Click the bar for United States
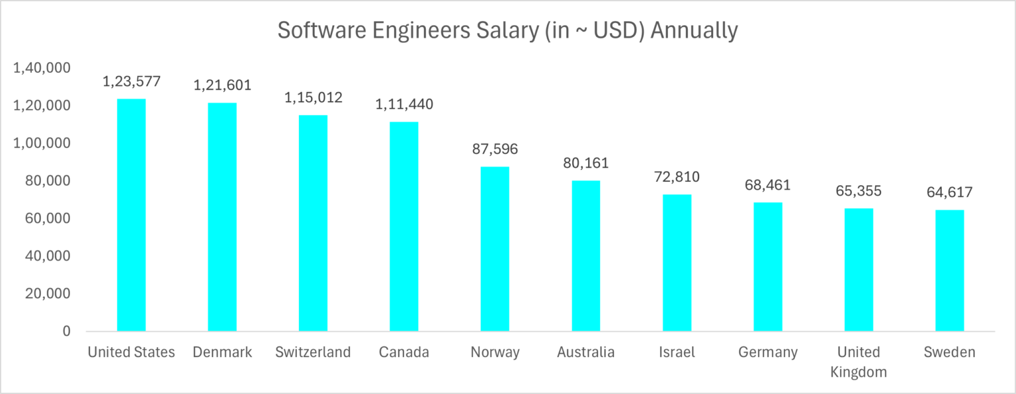pos(131,215)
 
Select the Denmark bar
pos(222,217)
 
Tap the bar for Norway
pos(495,249)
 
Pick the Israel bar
pos(677,262)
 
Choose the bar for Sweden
pos(949,270)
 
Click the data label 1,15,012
pos(314,98)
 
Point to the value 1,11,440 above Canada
pos(404,104)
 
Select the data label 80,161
pos(586,163)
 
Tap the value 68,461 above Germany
pos(768,185)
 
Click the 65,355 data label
pos(859,191)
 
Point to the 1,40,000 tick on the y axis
pos(42,68)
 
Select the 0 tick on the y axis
pos(66,331)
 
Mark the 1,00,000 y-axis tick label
pos(42,143)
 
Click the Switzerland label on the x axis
pos(313,352)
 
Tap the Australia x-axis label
pos(585,352)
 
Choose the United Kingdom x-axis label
pos(859,362)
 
